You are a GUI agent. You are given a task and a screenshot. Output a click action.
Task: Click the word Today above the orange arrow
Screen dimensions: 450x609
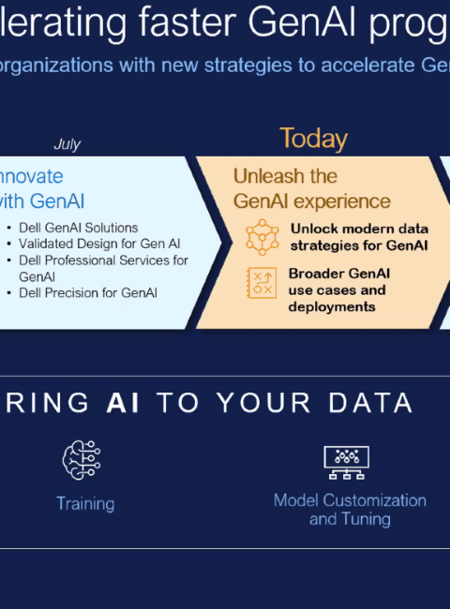(x=313, y=139)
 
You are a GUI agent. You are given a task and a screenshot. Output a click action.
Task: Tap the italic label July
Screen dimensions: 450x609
(x=67, y=144)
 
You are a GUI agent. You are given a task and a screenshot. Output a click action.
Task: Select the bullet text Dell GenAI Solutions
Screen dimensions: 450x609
(x=79, y=228)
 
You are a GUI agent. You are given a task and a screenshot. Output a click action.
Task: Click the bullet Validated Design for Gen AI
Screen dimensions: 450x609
(x=99, y=244)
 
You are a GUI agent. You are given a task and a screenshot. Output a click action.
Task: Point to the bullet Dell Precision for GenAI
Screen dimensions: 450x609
(x=88, y=293)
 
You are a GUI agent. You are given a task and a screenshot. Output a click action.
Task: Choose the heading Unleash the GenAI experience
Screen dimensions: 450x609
(x=311, y=188)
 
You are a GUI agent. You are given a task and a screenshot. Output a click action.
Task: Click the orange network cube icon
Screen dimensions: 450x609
(x=262, y=237)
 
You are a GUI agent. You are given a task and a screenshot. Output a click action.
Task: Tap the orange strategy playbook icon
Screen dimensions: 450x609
(x=262, y=283)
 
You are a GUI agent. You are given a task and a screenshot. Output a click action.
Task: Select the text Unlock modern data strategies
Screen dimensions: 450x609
(x=359, y=237)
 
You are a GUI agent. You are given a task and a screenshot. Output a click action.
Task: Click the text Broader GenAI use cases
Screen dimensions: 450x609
(x=338, y=282)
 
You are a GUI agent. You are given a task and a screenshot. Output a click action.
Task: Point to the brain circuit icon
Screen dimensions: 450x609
(x=82, y=460)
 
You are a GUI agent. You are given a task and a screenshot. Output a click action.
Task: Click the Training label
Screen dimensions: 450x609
(x=85, y=504)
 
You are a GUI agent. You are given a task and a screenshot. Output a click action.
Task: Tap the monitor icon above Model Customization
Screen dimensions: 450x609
(x=347, y=462)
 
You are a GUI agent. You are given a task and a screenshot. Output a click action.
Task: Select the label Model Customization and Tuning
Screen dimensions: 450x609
(x=350, y=510)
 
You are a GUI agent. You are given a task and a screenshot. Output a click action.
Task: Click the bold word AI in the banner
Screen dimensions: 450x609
(x=123, y=402)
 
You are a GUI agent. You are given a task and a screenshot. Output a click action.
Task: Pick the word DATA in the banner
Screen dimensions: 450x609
(x=370, y=402)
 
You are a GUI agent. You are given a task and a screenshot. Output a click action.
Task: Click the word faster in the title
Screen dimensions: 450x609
(x=187, y=22)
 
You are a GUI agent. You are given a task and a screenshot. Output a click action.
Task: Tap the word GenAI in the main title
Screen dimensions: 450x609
(x=302, y=22)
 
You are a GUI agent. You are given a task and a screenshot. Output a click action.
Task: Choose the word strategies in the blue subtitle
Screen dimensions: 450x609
(x=247, y=66)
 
